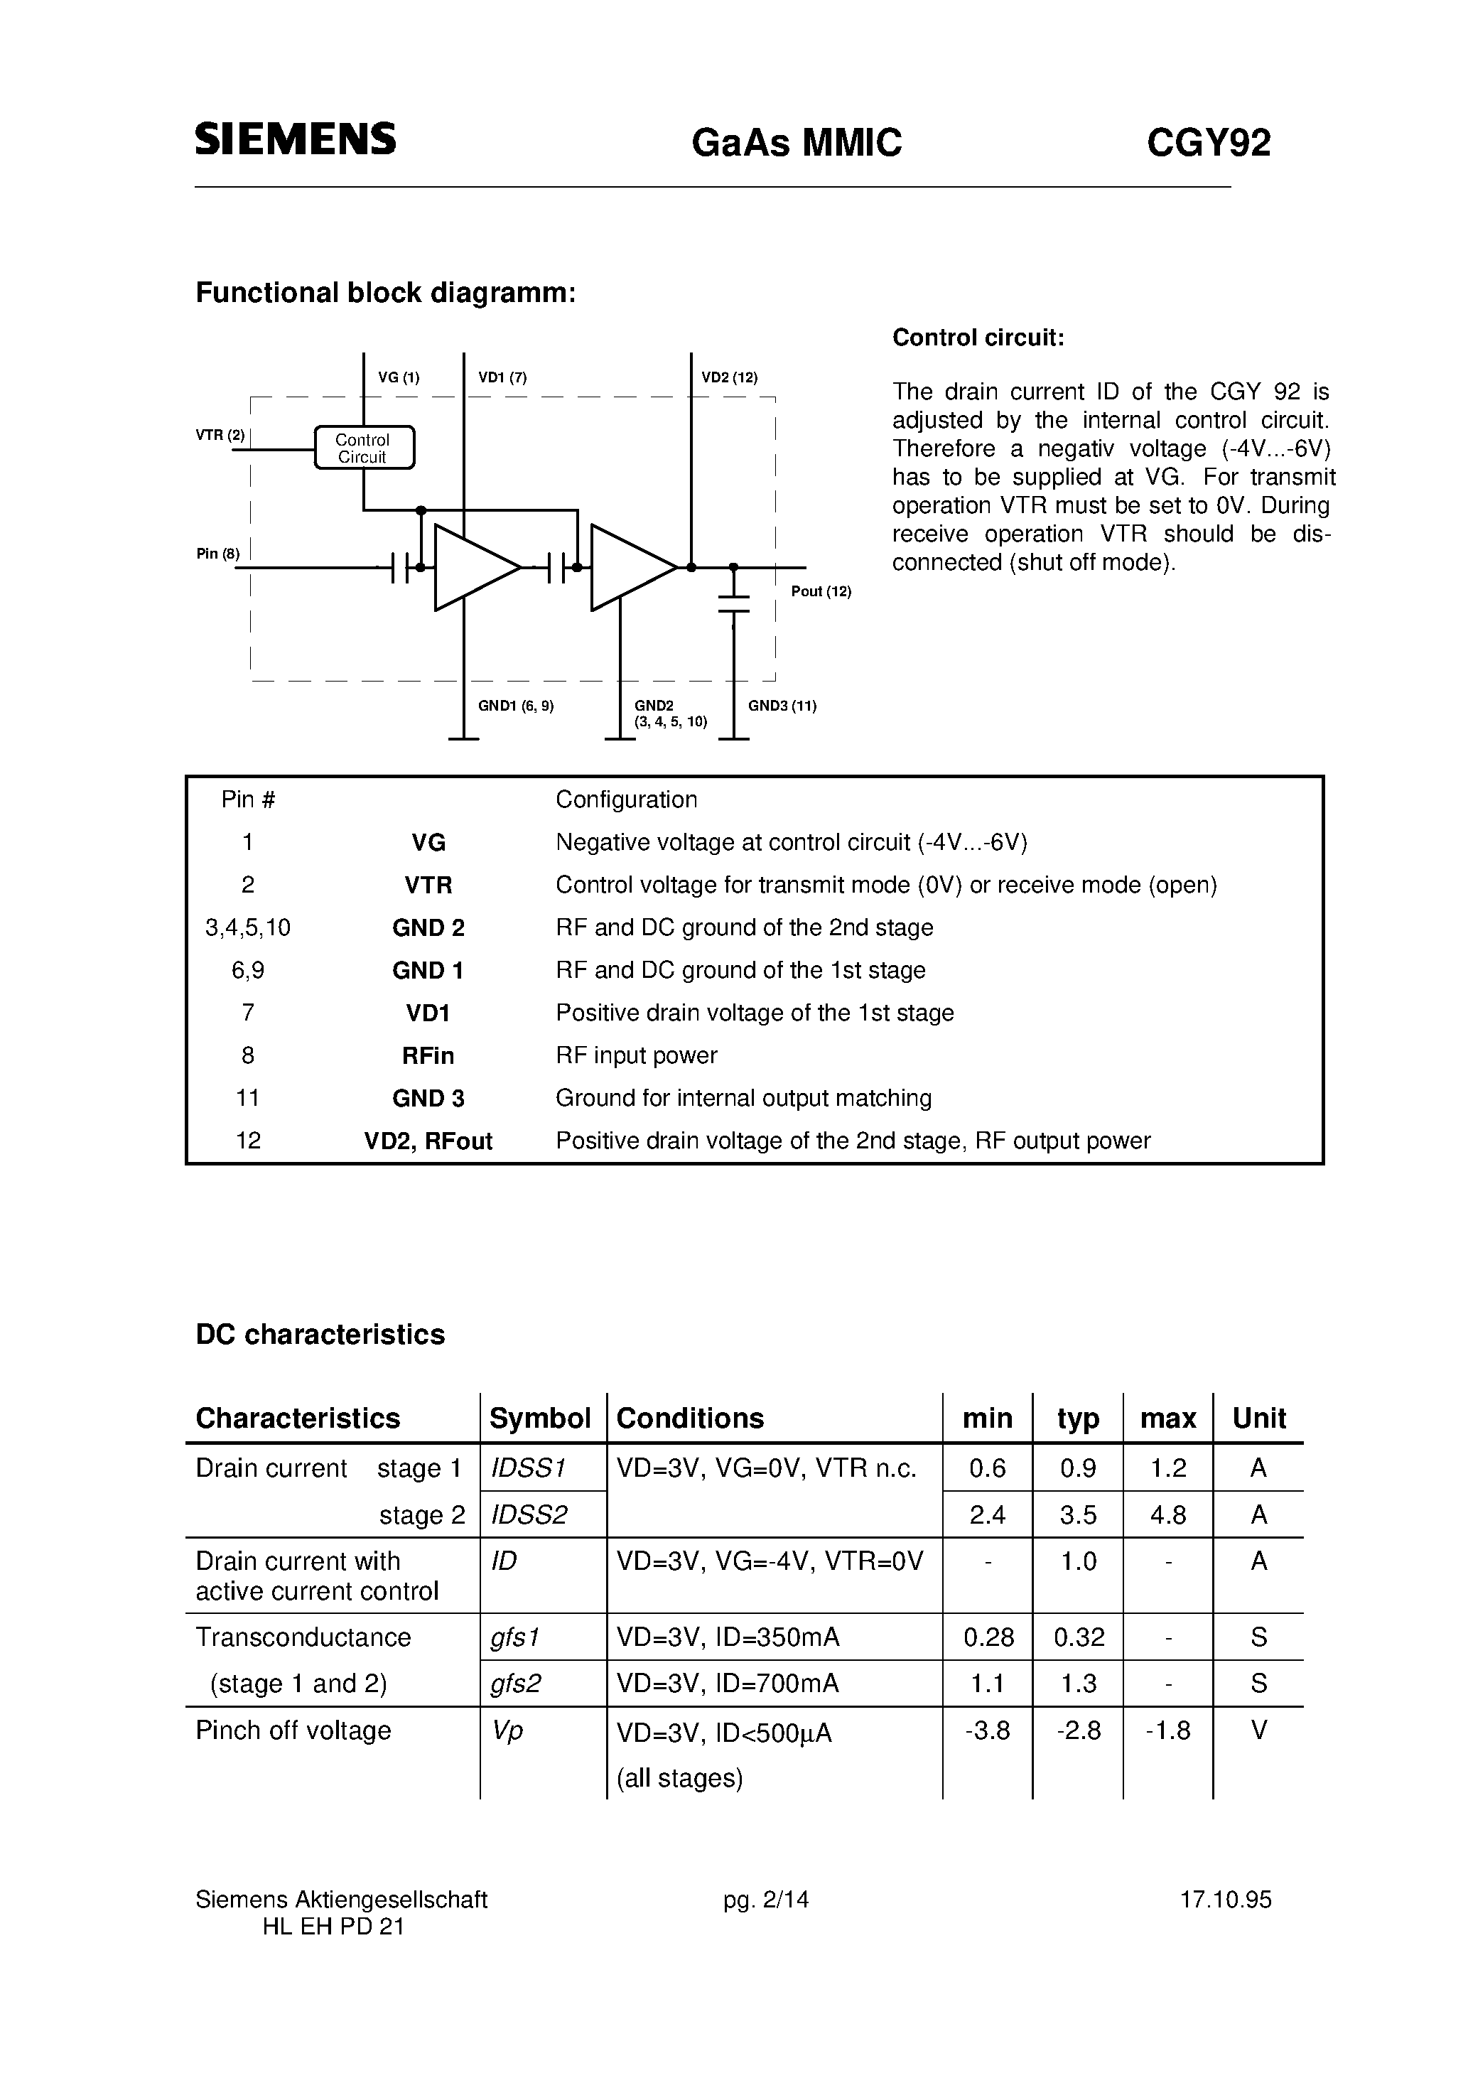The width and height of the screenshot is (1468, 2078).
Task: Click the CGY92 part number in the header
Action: click(x=1208, y=143)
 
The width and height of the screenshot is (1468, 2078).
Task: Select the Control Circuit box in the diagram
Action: click(x=364, y=448)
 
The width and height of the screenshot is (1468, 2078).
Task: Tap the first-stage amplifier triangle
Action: click(x=473, y=567)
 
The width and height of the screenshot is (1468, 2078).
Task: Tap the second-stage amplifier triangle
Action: click(x=629, y=567)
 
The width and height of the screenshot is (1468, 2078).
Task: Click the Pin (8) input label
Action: click(x=218, y=554)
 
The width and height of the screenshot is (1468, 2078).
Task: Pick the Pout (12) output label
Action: click(x=821, y=592)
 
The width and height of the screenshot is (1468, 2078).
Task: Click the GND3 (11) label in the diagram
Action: click(x=782, y=706)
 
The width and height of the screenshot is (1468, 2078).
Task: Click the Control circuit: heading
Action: click(x=978, y=338)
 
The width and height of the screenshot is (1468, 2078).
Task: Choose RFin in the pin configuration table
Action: click(x=428, y=1056)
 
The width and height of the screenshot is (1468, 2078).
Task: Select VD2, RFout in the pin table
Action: click(x=428, y=1141)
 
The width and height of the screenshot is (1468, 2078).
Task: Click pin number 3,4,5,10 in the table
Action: click(x=248, y=927)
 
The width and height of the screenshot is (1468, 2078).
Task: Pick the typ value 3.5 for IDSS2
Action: click(x=1078, y=1515)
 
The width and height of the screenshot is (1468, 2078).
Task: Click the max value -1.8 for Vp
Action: click(x=1167, y=1730)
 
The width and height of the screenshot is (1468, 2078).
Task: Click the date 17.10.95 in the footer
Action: click(x=1226, y=1900)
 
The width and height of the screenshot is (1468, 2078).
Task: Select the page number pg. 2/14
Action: click(x=766, y=1900)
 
